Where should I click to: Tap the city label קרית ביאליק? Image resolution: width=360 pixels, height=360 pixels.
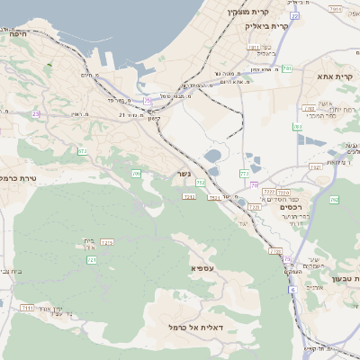click(x=267, y=26)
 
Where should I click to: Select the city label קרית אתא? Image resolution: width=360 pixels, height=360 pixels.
click(x=337, y=76)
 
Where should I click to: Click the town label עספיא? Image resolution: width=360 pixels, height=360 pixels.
click(x=202, y=268)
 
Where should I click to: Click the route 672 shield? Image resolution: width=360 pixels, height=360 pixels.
click(x=83, y=152)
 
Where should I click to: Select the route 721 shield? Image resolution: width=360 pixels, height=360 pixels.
click(x=91, y=259)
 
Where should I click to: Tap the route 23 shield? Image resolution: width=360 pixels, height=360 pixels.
click(x=36, y=113)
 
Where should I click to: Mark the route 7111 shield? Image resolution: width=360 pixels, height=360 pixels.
click(x=27, y=308)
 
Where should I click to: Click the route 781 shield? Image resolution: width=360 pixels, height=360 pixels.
click(x=286, y=68)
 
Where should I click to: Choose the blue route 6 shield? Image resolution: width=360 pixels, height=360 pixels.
click(x=292, y=290)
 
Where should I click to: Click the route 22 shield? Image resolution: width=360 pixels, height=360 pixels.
click(x=294, y=15)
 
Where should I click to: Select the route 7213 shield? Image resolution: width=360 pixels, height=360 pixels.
click(x=108, y=243)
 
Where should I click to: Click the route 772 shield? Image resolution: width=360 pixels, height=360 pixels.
click(x=244, y=173)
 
